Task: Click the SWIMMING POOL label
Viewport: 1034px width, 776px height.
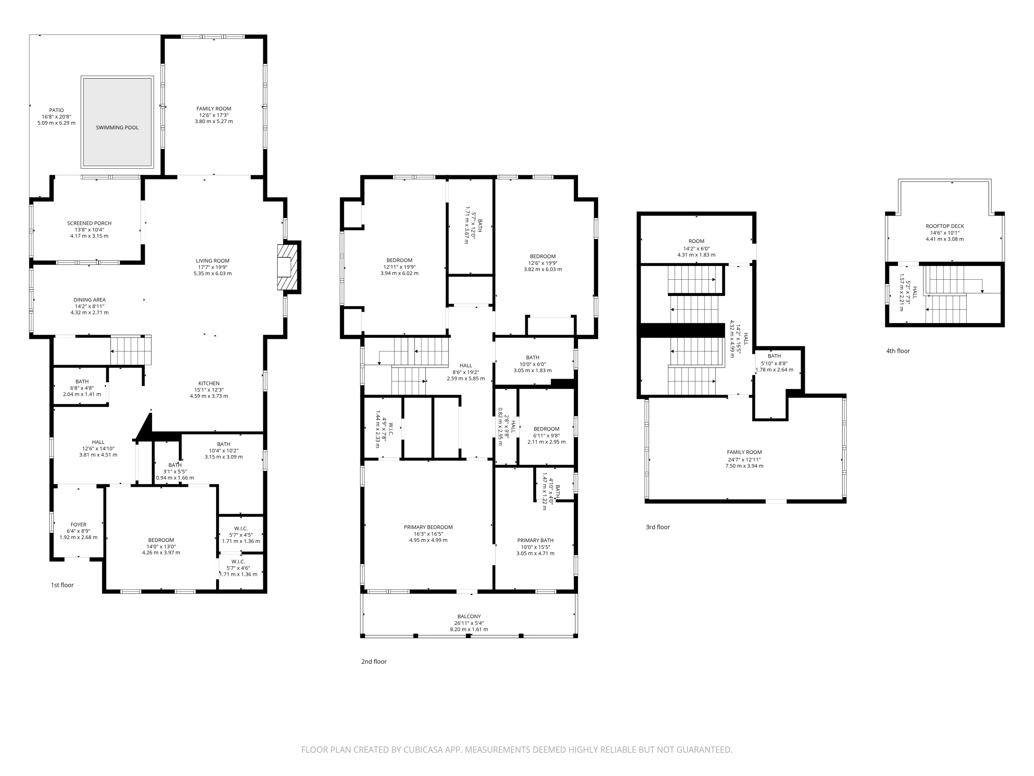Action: click(117, 127)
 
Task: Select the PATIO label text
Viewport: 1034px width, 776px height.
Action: click(57, 110)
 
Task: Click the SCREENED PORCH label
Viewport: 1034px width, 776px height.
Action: click(89, 223)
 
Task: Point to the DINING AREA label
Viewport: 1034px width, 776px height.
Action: click(89, 300)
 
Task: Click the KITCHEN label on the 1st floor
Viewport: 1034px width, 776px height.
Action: click(209, 383)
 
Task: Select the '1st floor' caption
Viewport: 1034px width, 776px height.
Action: click(62, 585)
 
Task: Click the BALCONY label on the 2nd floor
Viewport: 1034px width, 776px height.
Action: click(469, 617)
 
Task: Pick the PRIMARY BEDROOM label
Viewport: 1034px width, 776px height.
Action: click(428, 527)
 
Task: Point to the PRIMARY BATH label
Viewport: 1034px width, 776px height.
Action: click(535, 540)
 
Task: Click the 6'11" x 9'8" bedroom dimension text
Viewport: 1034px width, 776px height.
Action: click(546, 435)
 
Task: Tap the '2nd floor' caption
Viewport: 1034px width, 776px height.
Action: click(374, 661)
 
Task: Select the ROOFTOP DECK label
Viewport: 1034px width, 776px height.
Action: click(945, 226)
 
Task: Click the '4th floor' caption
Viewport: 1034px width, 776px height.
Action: click(898, 351)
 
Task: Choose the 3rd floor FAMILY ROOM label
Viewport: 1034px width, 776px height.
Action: click(744, 452)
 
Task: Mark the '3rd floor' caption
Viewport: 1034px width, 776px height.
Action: click(658, 527)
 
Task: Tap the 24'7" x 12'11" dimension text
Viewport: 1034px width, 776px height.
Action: click(744, 459)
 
